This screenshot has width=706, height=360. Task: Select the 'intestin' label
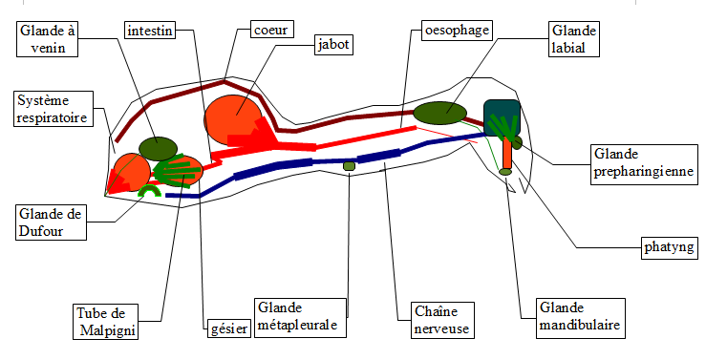(149, 31)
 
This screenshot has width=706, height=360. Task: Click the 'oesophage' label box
(457, 31)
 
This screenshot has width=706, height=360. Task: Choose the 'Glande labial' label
(571, 39)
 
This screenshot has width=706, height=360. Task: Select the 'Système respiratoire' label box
(53, 110)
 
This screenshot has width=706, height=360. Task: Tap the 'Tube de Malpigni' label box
(105, 321)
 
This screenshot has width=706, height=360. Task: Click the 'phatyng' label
(669, 249)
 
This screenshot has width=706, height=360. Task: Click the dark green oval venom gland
(158, 147)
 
